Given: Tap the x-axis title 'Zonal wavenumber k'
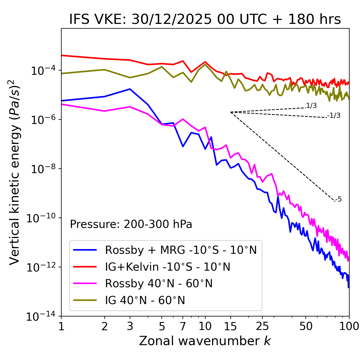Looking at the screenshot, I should (x=205, y=341).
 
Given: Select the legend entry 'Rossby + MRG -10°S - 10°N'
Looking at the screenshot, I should (x=181, y=250).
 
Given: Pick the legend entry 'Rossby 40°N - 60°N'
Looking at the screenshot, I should (x=159, y=284).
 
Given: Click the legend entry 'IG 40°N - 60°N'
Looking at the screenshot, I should (x=145, y=300).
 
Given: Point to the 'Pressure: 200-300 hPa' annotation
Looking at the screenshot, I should (x=131, y=224).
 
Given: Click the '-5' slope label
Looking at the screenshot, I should (x=338, y=200).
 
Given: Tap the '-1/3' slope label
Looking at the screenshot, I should (x=334, y=116).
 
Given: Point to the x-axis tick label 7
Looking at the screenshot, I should (x=183, y=326).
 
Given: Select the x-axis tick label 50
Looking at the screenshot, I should (x=306, y=326).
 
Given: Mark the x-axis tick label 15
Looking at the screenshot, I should (x=230, y=326).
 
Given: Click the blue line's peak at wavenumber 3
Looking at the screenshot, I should (x=130, y=89).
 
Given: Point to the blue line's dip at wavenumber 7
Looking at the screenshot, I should (x=183, y=146).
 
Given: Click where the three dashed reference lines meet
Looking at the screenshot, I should (x=230, y=112).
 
